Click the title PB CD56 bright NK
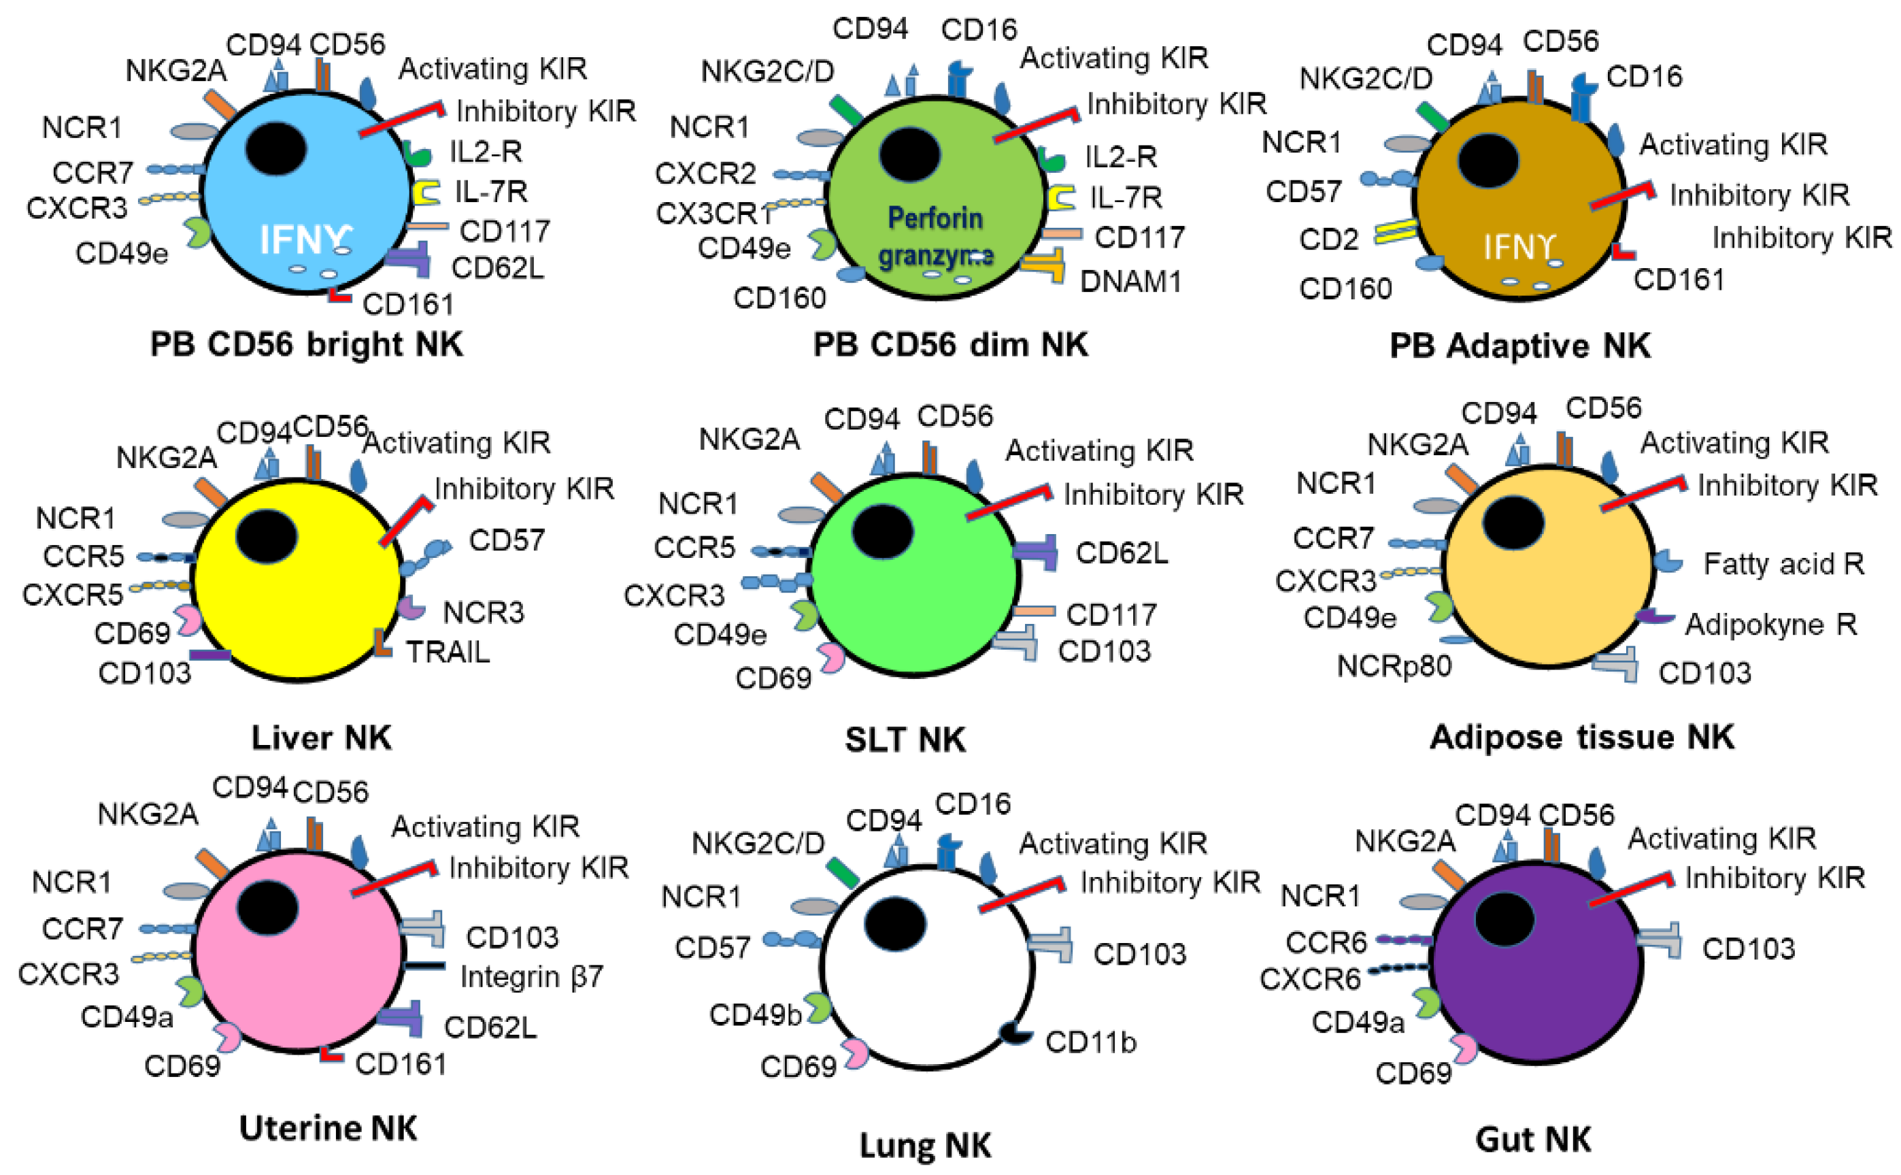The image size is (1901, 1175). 306,344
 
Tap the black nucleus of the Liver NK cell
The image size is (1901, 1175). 267,537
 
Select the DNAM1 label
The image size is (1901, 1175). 1130,281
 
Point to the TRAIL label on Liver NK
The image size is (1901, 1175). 448,652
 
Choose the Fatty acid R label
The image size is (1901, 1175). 1783,563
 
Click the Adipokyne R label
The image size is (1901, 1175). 1770,624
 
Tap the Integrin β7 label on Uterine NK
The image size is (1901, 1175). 531,976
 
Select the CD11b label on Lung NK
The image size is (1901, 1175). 1090,1042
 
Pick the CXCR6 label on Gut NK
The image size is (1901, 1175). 1310,979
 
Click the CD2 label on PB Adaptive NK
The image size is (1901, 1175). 1328,239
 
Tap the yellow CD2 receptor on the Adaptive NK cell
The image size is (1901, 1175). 1395,231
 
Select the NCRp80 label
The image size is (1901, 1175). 1394,666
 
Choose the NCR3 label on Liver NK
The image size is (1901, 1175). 483,612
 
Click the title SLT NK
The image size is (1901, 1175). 905,739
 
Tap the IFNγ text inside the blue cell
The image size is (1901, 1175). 305,239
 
